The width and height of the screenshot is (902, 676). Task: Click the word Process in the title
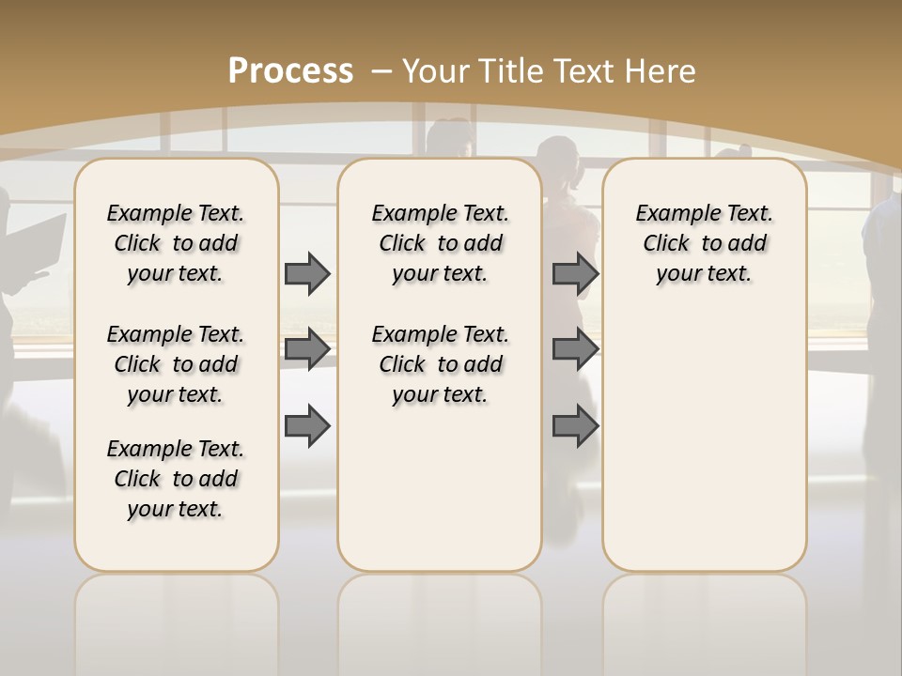pyautogui.click(x=290, y=71)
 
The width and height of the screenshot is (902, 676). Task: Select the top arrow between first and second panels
pyautogui.click(x=307, y=273)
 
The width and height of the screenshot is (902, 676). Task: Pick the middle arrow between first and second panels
pyautogui.click(x=307, y=349)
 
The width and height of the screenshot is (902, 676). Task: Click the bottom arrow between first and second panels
pyautogui.click(x=307, y=427)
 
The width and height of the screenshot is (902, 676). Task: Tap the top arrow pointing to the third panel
pyautogui.click(x=574, y=273)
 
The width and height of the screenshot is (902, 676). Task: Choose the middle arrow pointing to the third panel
pyautogui.click(x=574, y=349)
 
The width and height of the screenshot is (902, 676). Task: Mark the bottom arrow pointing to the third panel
pyautogui.click(x=574, y=427)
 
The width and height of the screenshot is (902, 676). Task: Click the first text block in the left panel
pyautogui.click(x=176, y=243)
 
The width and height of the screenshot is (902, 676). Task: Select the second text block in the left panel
pyautogui.click(x=176, y=364)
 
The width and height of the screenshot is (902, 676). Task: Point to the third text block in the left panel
pyautogui.click(x=176, y=479)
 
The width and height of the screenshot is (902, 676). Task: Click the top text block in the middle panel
pyautogui.click(x=440, y=243)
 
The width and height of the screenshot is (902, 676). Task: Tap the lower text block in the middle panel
pyautogui.click(x=440, y=364)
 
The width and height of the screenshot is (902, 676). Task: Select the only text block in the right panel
pyautogui.click(x=704, y=243)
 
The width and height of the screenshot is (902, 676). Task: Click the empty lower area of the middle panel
pyautogui.click(x=440, y=488)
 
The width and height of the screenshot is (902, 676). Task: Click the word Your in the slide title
pyautogui.click(x=436, y=71)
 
